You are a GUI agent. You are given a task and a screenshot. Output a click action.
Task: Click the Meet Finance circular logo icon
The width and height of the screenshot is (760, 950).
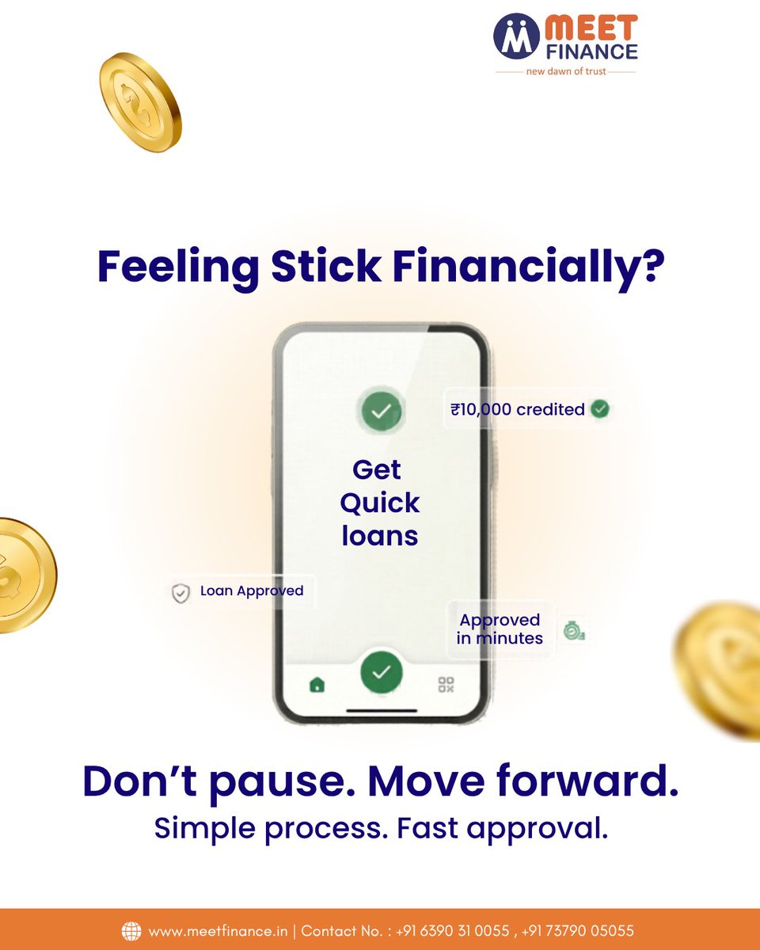pyautogui.click(x=515, y=36)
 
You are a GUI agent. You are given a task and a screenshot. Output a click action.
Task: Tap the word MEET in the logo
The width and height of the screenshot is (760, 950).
pyautogui.click(x=590, y=28)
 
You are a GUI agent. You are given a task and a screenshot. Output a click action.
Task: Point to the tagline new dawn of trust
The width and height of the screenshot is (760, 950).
pyautogui.click(x=565, y=71)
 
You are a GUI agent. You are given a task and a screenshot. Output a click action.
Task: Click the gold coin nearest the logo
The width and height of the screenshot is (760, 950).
pyautogui.click(x=140, y=103)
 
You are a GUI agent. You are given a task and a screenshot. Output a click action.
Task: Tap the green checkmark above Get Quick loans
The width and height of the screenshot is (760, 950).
pyautogui.click(x=382, y=411)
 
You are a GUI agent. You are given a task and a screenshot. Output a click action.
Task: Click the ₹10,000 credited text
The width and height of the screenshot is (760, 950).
pyautogui.click(x=518, y=409)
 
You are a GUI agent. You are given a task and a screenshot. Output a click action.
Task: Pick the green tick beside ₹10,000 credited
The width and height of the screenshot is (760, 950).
pyautogui.click(x=600, y=408)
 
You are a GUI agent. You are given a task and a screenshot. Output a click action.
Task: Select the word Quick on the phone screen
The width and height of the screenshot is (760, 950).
pyautogui.click(x=380, y=503)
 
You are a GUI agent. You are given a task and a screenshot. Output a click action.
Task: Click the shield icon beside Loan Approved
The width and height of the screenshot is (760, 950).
pyautogui.click(x=181, y=593)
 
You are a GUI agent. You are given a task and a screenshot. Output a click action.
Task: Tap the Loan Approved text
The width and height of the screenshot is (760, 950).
pyautogui.click(x=252, y=591)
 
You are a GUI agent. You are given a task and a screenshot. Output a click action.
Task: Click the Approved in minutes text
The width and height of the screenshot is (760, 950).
pyautogui.click(x=500, y=629)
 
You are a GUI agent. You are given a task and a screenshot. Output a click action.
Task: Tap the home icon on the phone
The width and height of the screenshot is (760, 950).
pyautogui.click(x=317, y=685)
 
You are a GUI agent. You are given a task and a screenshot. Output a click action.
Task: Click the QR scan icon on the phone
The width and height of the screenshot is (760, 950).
pyautogui.click(x=446, y=685)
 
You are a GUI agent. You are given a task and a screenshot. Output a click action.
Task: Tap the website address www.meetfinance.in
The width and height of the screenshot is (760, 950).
pyautogui.click(x=219, y=931)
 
